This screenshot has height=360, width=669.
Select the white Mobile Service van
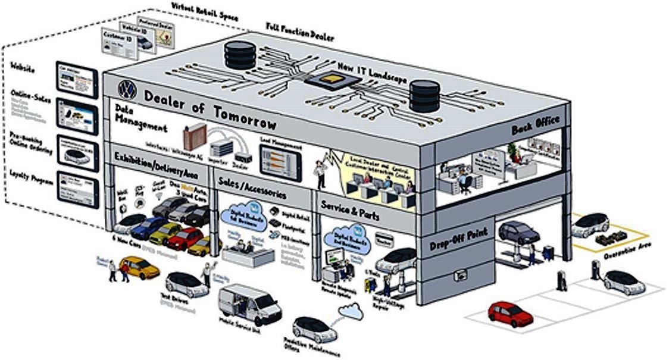coord(249,303)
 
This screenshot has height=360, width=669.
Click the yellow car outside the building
coord(140,267)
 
